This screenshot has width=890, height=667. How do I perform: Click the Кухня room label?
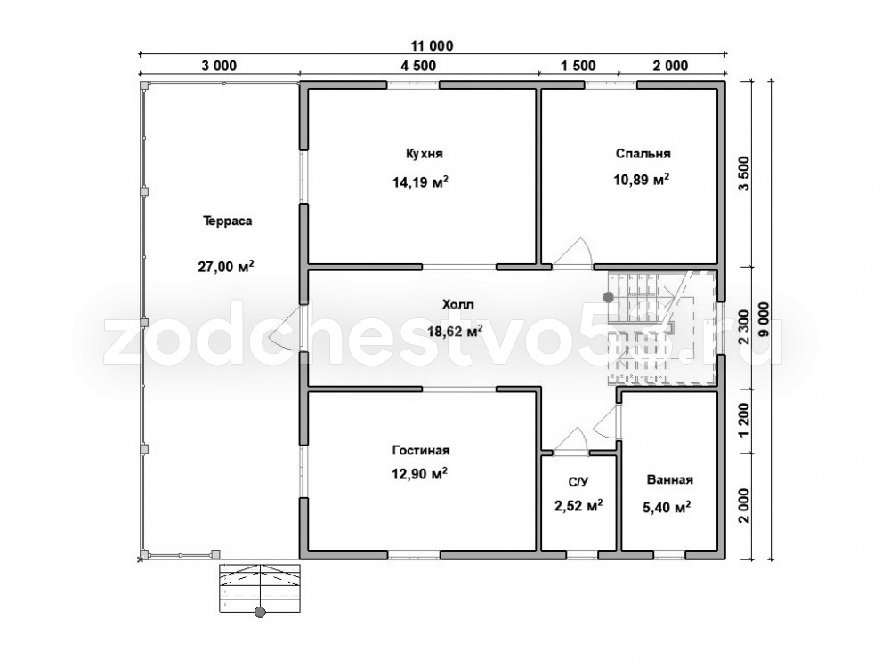(424, 154)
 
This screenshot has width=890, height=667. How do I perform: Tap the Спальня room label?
(643, 154)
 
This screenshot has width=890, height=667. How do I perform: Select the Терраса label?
(228, 221)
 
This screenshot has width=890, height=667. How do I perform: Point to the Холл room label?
(458, 304)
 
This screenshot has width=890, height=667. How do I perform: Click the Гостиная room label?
(421, 450)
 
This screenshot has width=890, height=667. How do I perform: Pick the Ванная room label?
(670, 480)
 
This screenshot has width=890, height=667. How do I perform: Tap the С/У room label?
(578, 482)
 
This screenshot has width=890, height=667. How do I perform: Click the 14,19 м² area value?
(420, 182)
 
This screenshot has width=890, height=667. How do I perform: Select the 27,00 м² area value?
(226, 266)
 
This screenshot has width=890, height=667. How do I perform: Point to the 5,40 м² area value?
(667, 507)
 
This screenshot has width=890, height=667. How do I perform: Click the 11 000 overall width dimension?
(432, 46)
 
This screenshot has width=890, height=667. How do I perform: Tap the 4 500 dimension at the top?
(418, 66)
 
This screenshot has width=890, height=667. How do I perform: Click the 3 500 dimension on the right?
(744, 174)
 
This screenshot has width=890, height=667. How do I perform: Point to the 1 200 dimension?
(744, 422)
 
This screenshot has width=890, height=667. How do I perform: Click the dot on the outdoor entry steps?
(260, 612)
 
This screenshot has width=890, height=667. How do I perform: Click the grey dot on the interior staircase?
(609, 296)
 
